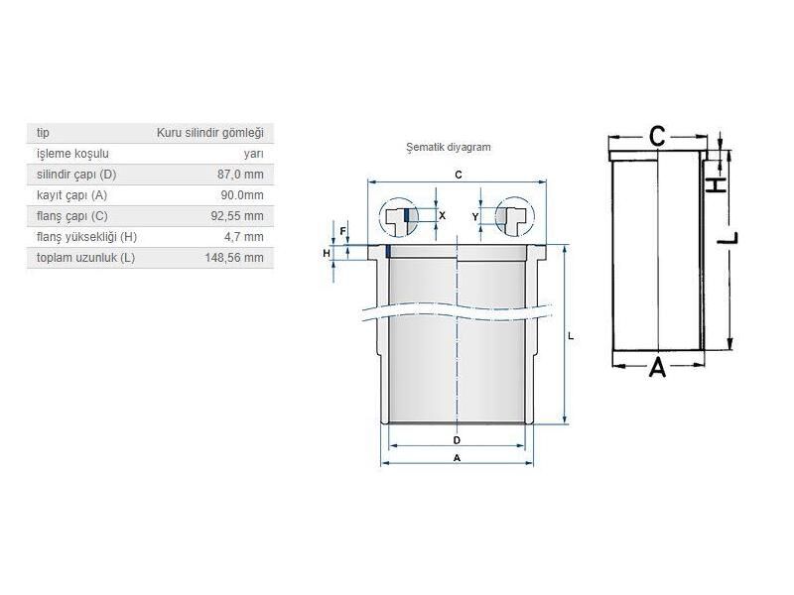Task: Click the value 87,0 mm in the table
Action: point(240,175)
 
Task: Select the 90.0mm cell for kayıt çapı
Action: point(242,195)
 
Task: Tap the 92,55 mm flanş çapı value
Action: point(237,216)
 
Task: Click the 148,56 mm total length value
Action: point(234,258)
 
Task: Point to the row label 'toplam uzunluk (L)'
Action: point(85,258)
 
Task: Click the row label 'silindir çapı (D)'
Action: point(76,175)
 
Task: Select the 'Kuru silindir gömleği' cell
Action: point(210,133)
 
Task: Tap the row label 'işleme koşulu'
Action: point(72,154)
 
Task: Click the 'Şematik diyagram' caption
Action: point(449,147)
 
